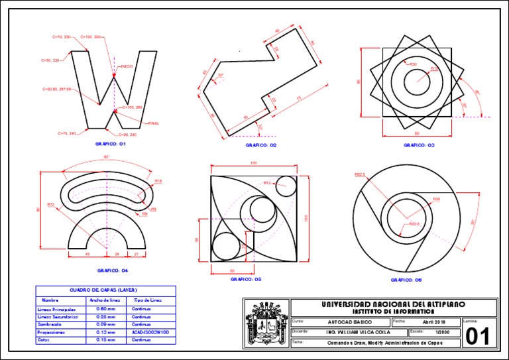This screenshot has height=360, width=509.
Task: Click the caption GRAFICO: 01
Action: pos(111,143)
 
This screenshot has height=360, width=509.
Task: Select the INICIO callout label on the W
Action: pos(127,66)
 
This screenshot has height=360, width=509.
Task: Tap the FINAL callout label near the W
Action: pos(154,123)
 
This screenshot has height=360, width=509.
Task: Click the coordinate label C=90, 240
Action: pos(128,135)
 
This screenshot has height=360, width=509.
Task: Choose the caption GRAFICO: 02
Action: pos(261,145)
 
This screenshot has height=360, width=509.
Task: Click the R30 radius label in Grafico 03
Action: pos(413,64)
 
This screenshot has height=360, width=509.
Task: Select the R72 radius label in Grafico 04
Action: pos(51,204)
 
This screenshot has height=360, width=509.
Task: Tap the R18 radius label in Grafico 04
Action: pos(158,181)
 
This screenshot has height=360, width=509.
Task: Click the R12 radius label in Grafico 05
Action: pos(267,183)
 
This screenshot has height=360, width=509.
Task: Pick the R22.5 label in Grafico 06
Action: pos(414,224)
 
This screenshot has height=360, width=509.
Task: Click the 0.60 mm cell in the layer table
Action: pos(107,309)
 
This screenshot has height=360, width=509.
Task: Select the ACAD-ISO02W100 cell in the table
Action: pos(150,331)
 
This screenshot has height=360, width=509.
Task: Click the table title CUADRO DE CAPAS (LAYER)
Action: pos(104,290)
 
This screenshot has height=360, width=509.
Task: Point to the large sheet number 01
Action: pos(478,335)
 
